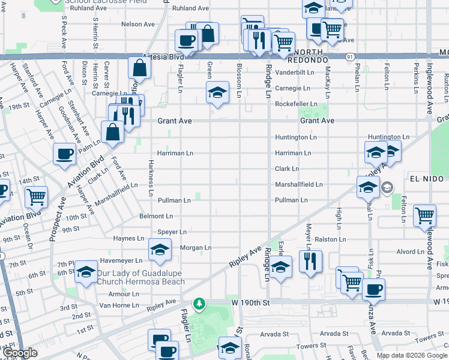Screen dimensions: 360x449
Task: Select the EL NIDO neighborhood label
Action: click(429, 179)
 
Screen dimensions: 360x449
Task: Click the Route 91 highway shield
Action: click(349, 56)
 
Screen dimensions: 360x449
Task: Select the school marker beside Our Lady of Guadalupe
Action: click(86, 273)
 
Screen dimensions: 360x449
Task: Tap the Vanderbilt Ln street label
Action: click(294, 72)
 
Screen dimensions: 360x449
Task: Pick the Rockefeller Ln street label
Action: click(295, 104)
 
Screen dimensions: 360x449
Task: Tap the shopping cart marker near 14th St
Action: click(36, 196)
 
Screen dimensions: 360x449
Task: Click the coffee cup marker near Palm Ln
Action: click(64, 154)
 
